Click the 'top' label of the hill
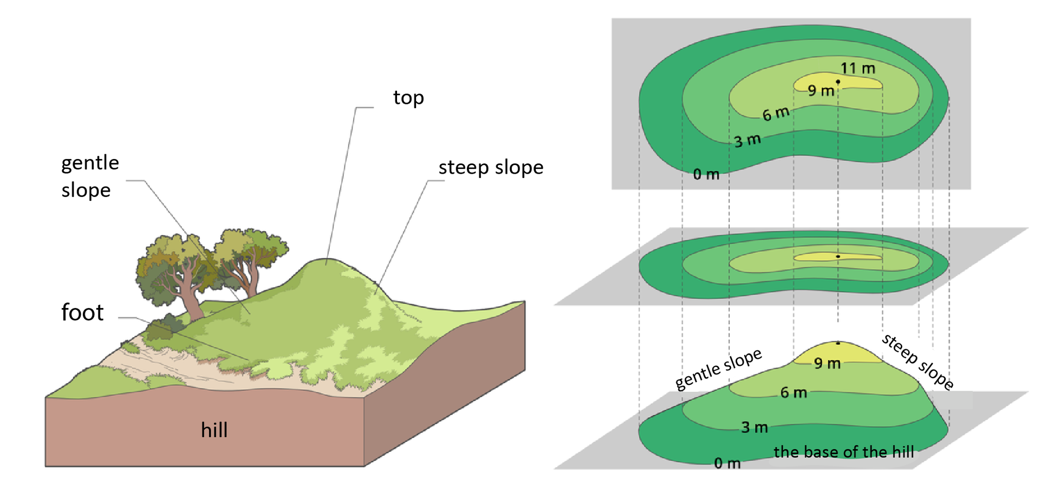(x=408, y=98)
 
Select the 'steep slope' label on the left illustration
(x=491, y=167)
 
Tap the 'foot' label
(x=82, y=313)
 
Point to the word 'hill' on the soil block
(x=214, y=430)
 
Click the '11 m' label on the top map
(x=858, y=68)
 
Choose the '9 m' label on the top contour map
(x=821, y=90)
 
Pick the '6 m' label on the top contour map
(x=776, y=114)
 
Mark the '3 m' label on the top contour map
(x=747, y=140)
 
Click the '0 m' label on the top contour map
(x=706, y=174)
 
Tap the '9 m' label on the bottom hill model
(x=827, y=363)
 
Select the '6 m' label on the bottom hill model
(x=794, y=392)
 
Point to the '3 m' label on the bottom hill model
(x=755, y=427)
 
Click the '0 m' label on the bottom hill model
(x=727, y=463)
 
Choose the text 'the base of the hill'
(x=843, y=452)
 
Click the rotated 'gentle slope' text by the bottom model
(x=718, y=369)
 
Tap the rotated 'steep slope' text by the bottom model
(x=918, y=362)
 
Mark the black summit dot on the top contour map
(x=838, y=82)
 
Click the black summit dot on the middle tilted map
(x=838, y=257)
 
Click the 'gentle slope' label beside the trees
(x=90, y=176)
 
